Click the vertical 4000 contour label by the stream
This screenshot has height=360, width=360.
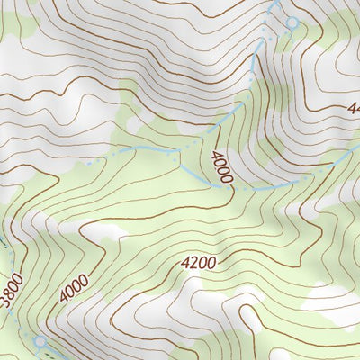tap(222, 167)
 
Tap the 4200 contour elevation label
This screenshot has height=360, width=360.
tap(198, 264)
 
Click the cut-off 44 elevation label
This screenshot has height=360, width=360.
tap(352, 108)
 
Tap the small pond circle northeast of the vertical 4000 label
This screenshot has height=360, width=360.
tap(291, 22)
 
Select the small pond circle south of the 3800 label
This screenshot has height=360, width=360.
tap(39, 342)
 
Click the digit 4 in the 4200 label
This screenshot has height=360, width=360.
tap(185, 265)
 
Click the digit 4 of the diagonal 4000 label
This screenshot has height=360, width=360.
tap(65, 299)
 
